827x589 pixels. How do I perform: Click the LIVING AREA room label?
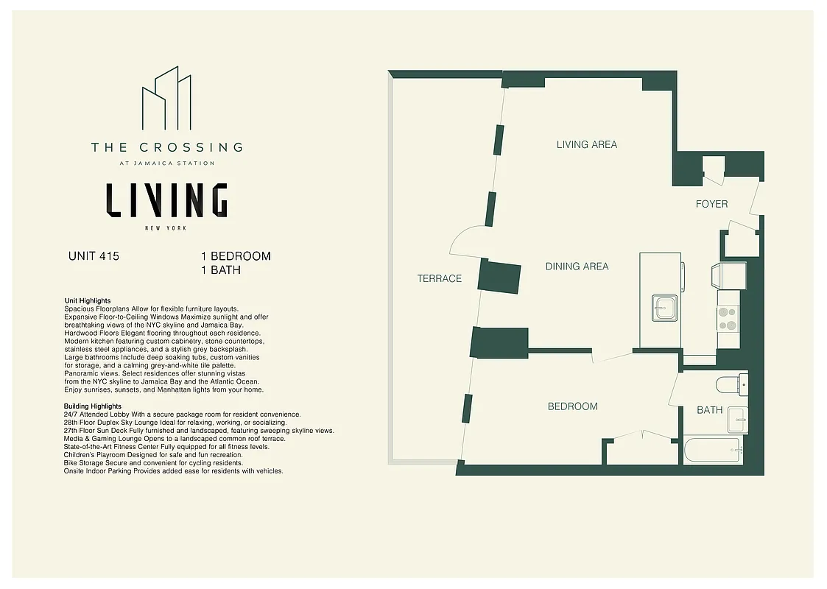tap(586, 145)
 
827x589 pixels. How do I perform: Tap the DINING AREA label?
tap(577, 267)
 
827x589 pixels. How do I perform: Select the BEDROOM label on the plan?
tap(572, 406)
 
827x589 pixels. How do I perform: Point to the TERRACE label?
tap(439, 278)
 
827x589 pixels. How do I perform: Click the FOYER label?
tap(711, 204)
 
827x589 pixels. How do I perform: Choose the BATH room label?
tap(709, 410)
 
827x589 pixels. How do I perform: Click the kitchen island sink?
tap(664, 308)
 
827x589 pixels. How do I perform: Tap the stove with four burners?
tap(728, 318)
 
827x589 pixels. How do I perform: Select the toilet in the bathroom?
tap(732, 385)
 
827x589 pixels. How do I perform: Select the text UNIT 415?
tap(94, 257)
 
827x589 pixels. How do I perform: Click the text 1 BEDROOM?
tap(236, 256)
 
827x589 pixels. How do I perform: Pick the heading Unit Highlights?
tap(88, 301)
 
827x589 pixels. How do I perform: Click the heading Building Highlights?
tap(93, 406)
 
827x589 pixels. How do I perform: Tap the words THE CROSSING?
tap(166, 147)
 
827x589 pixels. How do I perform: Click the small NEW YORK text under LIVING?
tap(166, 228)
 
